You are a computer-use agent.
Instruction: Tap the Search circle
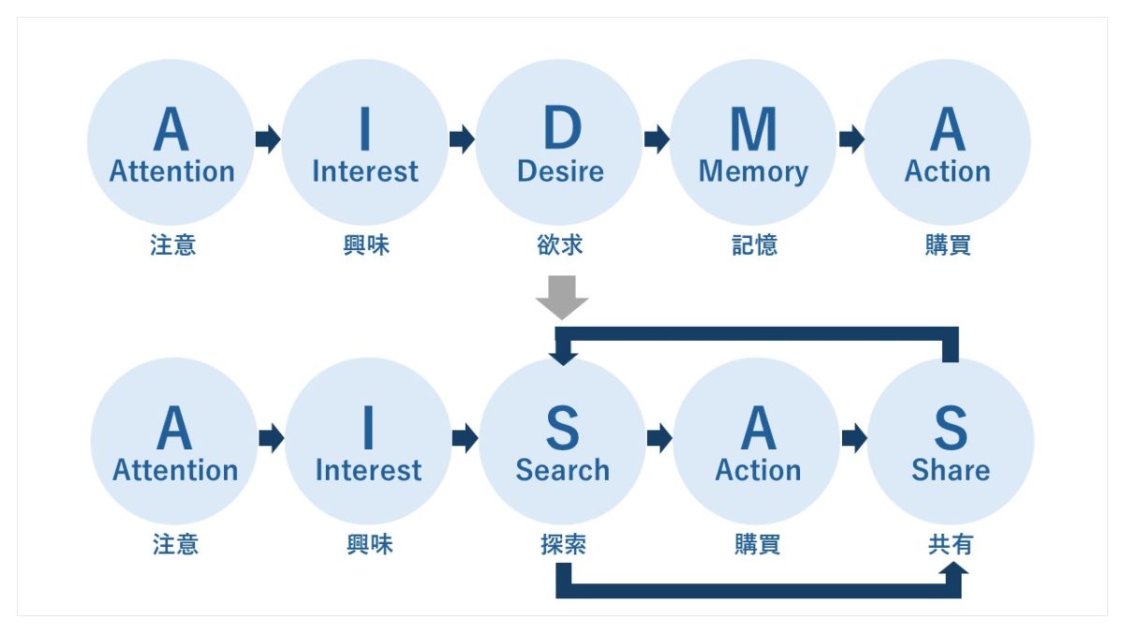click(562, 441)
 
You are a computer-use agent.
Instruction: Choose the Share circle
click(950, 441)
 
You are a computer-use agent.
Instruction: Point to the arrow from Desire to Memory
click(657, 140)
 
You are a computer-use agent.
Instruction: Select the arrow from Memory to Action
click(851, 140)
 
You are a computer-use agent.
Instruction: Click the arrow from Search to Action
click(659, 438)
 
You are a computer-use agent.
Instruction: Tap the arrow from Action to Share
click(854, 438)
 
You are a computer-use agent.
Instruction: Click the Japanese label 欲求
click(560, 245)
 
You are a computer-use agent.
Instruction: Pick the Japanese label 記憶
click(754, 245)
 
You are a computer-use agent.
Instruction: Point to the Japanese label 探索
click(563, 545)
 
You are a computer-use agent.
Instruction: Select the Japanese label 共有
click(950, 545)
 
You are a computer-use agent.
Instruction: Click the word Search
click(562, 470)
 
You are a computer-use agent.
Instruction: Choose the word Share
click(950, 470)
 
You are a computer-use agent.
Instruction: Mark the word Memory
click(753, 172)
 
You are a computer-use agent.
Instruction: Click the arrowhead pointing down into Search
click(563, 355)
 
